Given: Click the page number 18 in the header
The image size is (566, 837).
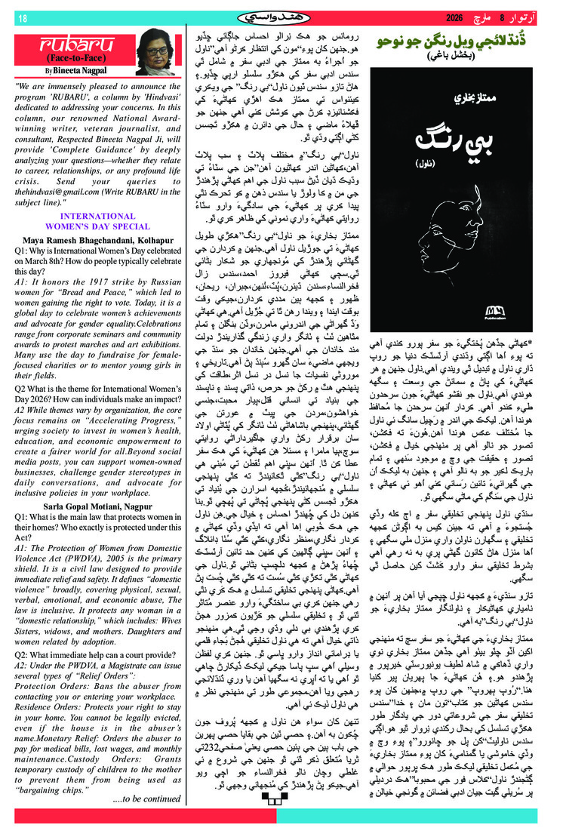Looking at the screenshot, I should click(22, 17).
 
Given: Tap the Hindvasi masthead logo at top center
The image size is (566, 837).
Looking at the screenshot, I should click(283, 17).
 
